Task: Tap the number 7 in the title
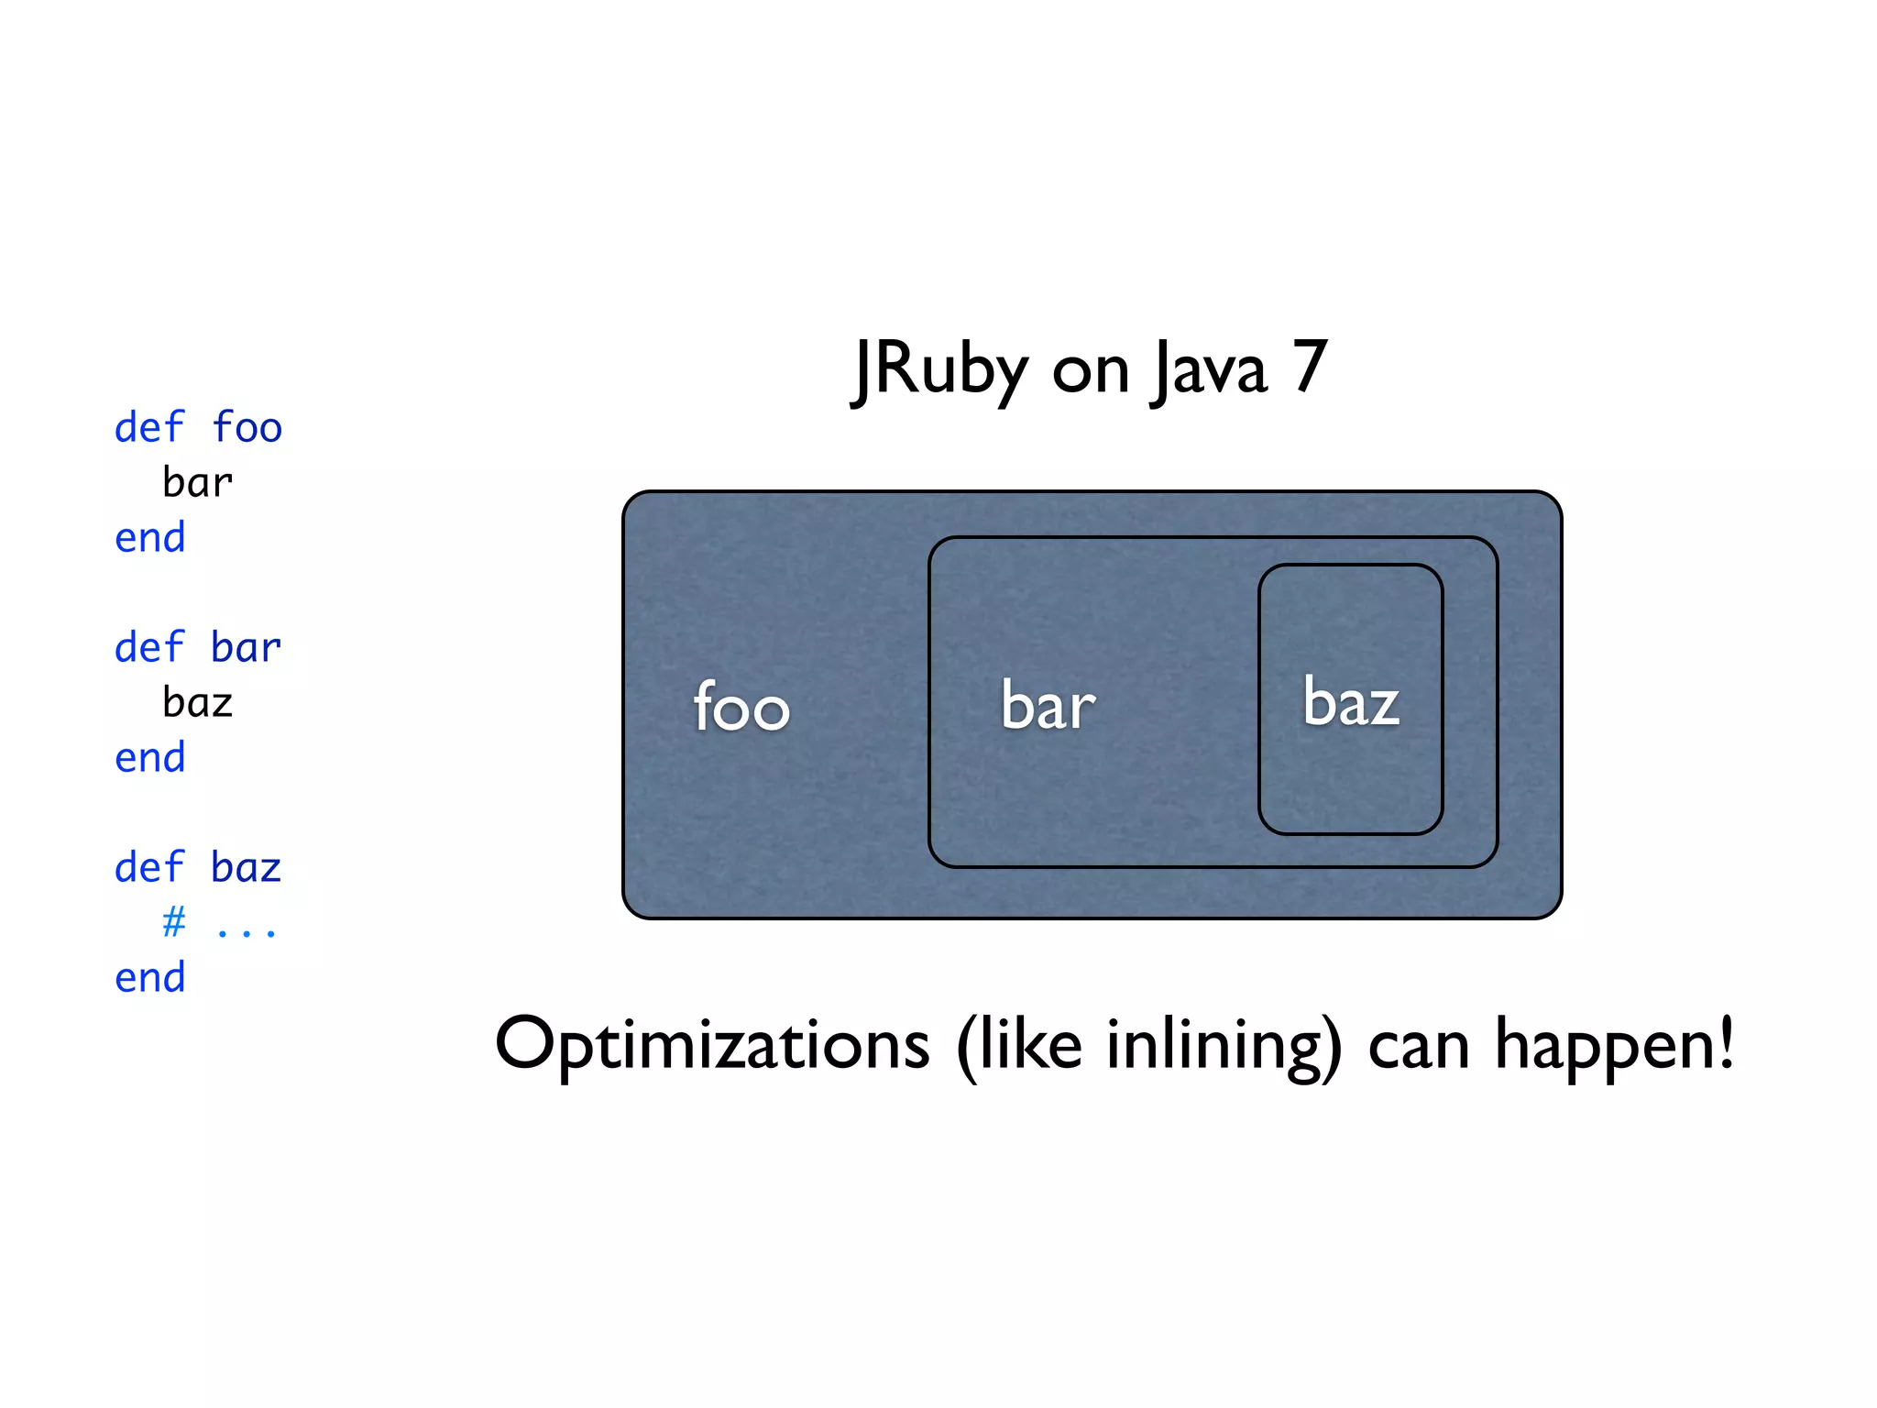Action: tap(1310, 367)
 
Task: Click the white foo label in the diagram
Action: tap(741, 707)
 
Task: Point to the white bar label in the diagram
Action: tap(1048, 705)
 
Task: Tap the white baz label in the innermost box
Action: tap(1351, 702)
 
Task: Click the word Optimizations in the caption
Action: tap(712, 1045)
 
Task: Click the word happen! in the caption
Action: tap(1614, 1045)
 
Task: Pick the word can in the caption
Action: tap(1419, 1047)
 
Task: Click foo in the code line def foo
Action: tap(247, 428)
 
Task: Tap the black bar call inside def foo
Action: tap(198, 483)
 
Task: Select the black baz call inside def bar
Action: tap(198, 703)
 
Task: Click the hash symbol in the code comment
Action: tap(173, 921)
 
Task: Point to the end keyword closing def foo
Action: tap(149, 538)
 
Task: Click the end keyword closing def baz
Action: tap(149, 978)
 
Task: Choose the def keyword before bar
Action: tap(149, 647)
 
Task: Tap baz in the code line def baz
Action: tap(246, 867)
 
